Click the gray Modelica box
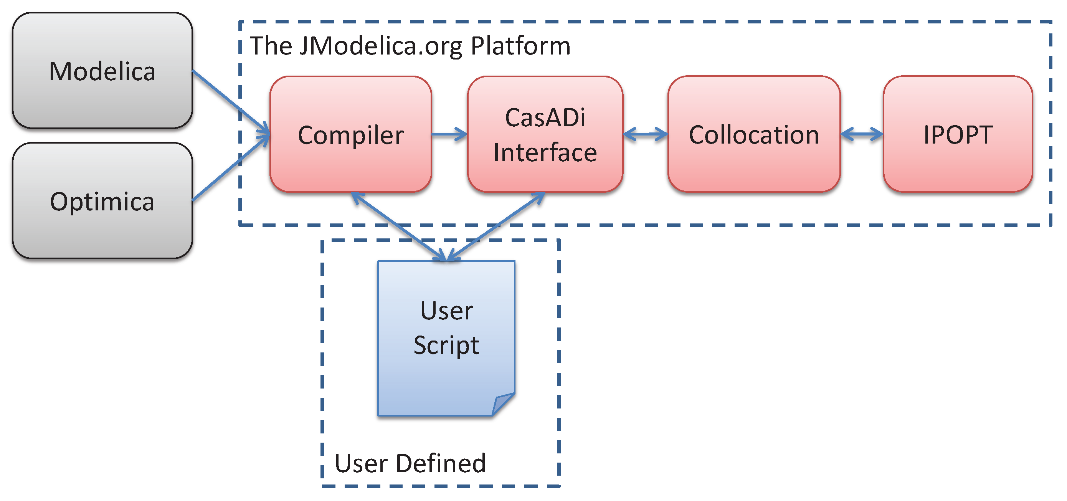tap(102, 70)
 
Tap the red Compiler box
tap(351, 134)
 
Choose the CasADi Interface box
tap(545, 134)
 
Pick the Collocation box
tap(754, 134)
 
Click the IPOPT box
tap(958, 134)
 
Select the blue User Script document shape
tap(446, 338)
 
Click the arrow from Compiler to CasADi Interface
tap(449, 134)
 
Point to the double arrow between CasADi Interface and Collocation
tap(645, 134)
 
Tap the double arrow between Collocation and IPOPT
tap(862, 134)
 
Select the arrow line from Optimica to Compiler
tap(231, 167)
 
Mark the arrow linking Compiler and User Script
tap(399, 227)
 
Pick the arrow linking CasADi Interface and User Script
tap(496, 227)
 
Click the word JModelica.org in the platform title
tap(380, 46)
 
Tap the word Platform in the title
tap(521, 46)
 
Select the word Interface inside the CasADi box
tap(545, 152)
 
